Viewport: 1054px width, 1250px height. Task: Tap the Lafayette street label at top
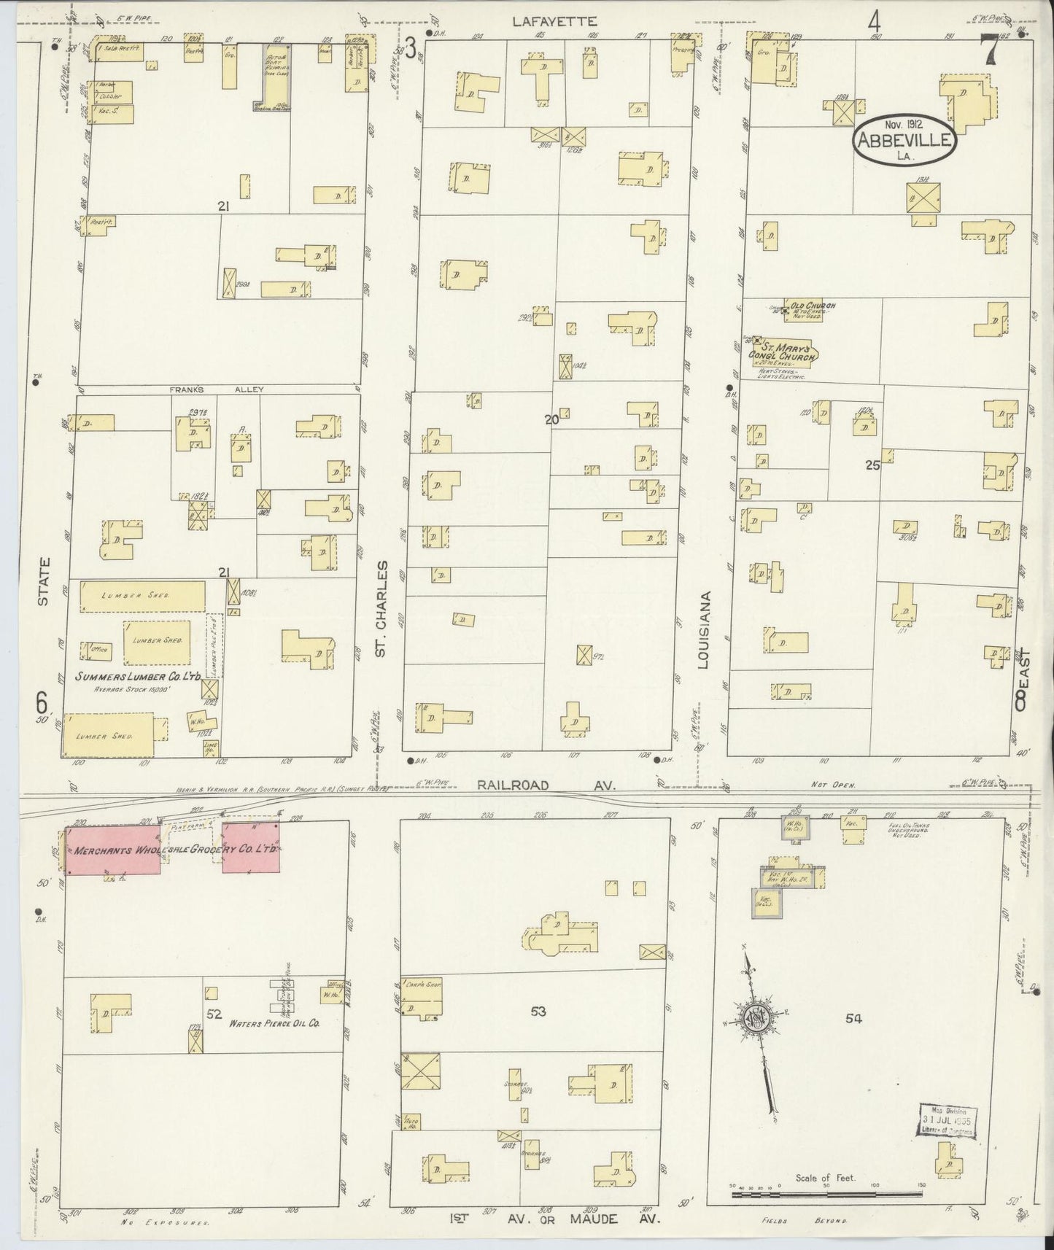pos(554,22)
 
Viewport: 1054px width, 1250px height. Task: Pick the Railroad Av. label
pos(549,785)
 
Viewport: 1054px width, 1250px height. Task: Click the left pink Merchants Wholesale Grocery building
pos(113,850)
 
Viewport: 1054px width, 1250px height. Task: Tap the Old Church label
pos(810,306)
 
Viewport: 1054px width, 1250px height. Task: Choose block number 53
pos(538,1012)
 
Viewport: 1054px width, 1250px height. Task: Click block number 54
pos(853,1019)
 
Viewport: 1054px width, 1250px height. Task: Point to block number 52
pos(214,1013)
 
